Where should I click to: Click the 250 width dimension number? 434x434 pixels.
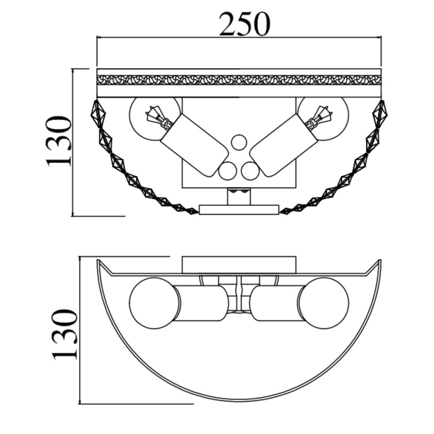point(244,24)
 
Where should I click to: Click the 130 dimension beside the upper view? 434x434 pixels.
point(59,141)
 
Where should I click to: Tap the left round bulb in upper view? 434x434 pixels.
point(155,118)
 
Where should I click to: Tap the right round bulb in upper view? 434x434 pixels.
point(323,118)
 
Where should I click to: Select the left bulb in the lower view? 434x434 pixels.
point(155,303)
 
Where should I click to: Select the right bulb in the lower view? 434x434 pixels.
point(324,303)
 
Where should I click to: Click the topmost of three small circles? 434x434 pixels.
point(239,142)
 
